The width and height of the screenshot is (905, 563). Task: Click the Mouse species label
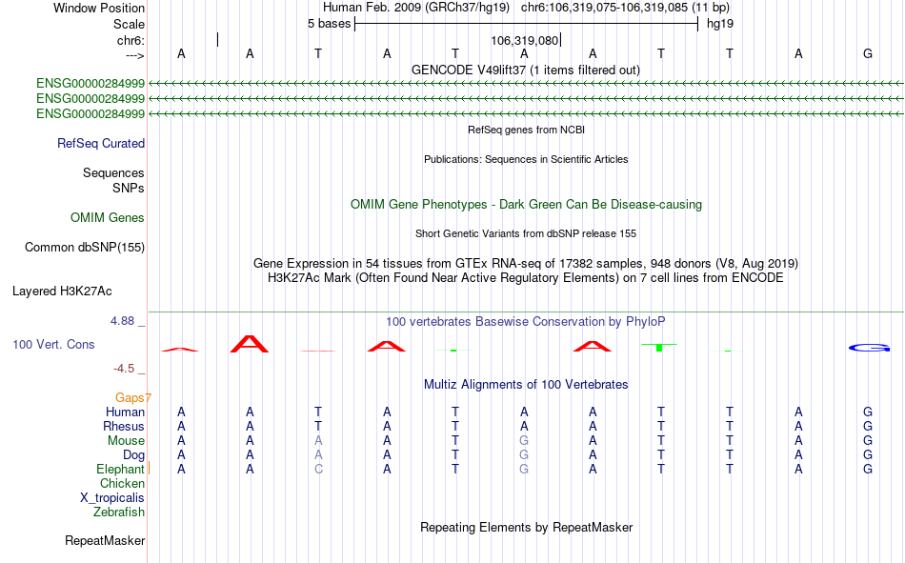126,440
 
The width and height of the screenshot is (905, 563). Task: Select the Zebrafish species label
119,513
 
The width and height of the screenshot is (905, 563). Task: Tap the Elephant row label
120,470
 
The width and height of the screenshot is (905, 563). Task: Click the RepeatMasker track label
105,541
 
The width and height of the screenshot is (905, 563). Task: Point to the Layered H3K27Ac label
62,292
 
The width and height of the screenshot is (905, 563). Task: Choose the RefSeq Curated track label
101,143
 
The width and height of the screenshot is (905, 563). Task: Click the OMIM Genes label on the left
108,218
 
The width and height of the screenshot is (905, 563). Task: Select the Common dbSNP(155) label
85,247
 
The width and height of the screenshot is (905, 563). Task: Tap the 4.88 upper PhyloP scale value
122,321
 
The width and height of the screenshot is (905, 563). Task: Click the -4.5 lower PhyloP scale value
124,369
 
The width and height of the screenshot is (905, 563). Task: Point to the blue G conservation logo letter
869,348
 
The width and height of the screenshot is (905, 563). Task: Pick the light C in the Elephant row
318,470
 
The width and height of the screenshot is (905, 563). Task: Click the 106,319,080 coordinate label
525,40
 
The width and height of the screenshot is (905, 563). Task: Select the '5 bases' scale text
329,24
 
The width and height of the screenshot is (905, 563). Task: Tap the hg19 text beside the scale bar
720,24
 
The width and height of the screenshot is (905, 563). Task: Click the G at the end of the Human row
868,412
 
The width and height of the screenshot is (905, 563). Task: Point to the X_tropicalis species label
112,498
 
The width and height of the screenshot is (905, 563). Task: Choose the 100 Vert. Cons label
53,345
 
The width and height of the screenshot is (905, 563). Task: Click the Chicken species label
122,483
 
